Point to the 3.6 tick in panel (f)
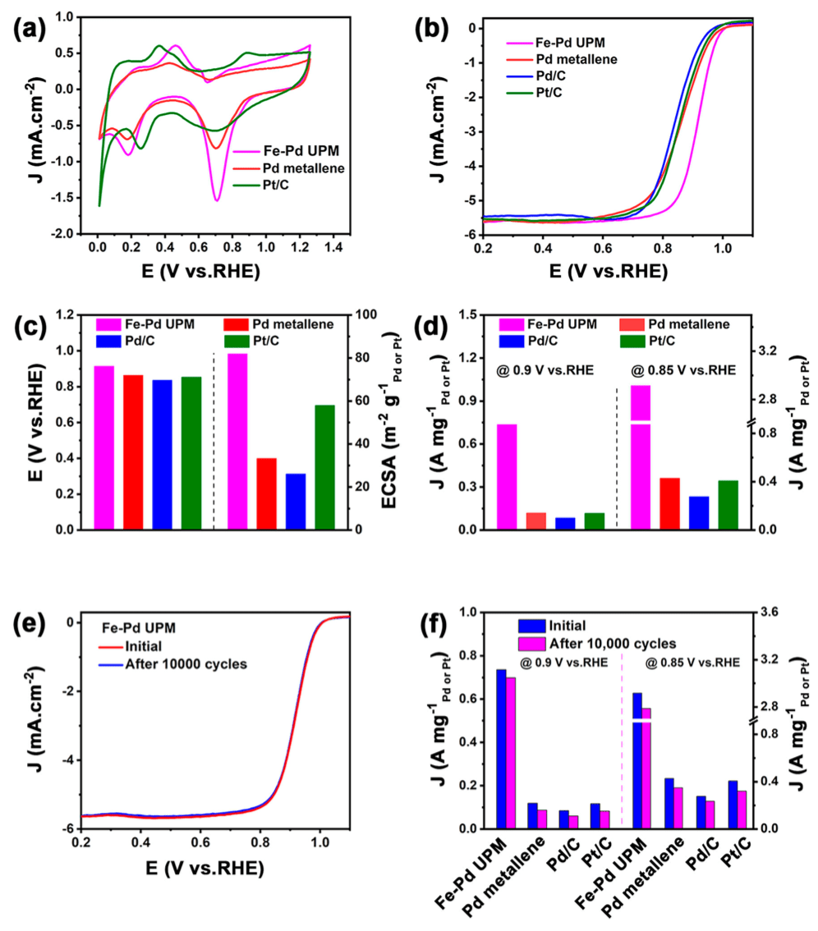click(x=766, y=612)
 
